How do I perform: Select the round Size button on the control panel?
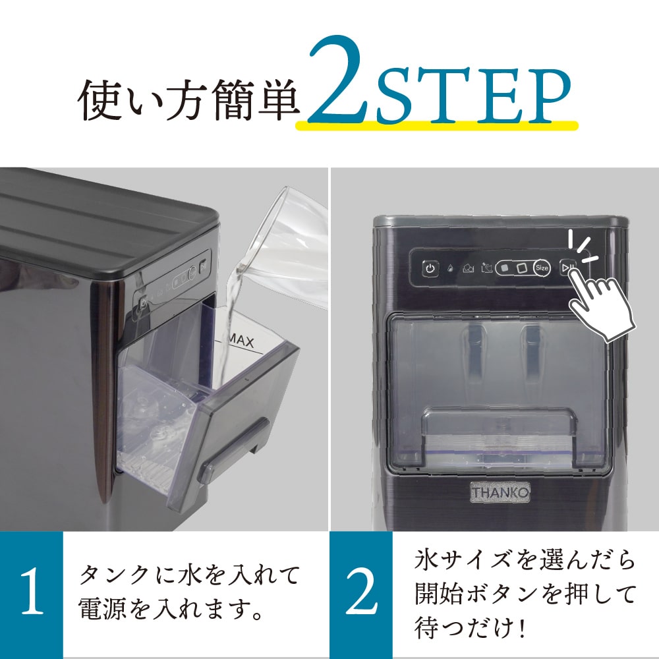pyautogui.click(x=542, y=268)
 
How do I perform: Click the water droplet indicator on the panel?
pyautogui.click(x=449, y=269)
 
